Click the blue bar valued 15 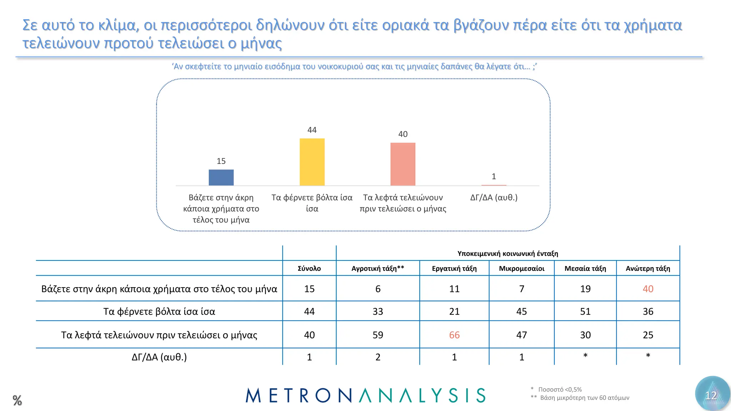coord(221,177)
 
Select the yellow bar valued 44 coord(312,162)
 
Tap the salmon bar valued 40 coord(403,164)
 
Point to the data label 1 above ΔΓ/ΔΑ coord(494,176)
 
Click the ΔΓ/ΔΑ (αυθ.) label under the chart coord(494,197)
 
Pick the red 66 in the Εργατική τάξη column coord(454,335)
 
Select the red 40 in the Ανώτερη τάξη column coord(648,289)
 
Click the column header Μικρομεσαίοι coord(521,268)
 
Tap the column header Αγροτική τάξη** coord(378,268)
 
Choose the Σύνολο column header coord(309,268)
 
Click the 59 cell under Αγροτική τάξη coord(378,335)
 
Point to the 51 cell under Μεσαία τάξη coord(585,311)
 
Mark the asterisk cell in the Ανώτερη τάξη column coord(648,356)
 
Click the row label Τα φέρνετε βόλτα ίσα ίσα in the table coord(159,311)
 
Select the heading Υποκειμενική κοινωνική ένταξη coord(508,253)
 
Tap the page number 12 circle coord(712,395)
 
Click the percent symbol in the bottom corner coord(17,400)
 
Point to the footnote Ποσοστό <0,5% coord(560,389)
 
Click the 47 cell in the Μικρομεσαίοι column coord(521,335)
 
